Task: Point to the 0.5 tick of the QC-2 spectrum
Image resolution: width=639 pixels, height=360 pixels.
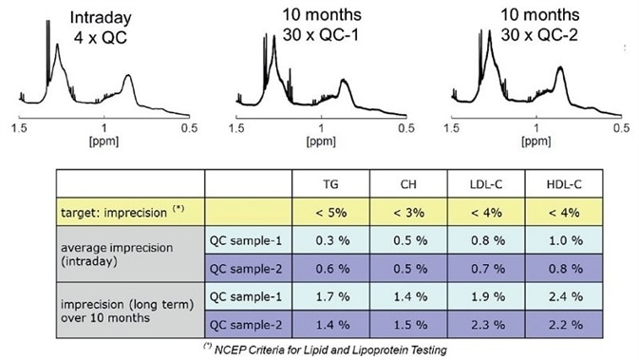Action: click(x=620, y=127)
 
